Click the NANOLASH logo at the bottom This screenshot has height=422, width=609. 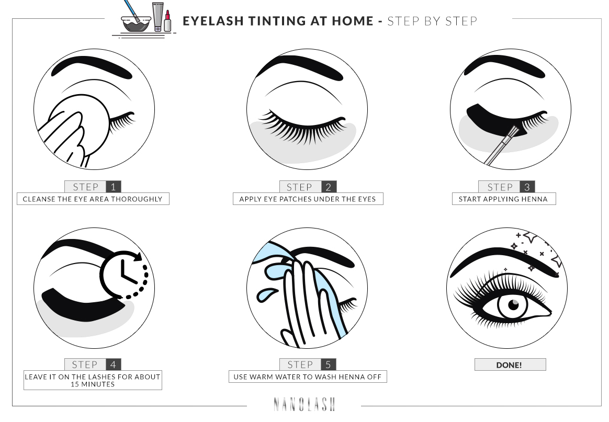click(304, 404)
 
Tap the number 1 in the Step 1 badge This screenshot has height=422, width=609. click(114, 187)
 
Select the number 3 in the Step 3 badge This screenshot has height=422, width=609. click(527, 187)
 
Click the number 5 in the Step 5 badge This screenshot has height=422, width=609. click(329, 364)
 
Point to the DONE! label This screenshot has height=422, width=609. click(510, 365)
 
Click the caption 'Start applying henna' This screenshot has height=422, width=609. click(503, 199)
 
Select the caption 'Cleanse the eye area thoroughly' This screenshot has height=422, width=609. click(93, 199)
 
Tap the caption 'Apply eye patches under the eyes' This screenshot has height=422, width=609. click(308, 199)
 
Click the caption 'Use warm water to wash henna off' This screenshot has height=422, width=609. click(308, 377)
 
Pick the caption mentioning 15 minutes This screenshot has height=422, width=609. click(93, 380)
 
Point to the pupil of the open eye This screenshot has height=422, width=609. click(513, 305)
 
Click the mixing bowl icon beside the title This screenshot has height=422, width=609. click(136, 24)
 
